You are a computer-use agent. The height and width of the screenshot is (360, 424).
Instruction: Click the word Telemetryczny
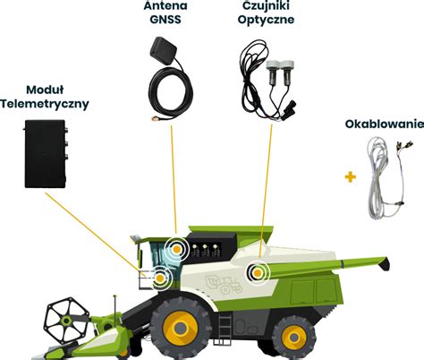click(45, 104)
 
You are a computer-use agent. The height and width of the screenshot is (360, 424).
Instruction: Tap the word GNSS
click(165, 19)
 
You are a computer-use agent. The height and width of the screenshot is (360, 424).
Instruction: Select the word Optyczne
click(266, 20)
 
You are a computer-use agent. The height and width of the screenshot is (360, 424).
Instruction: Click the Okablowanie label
click(385, 124)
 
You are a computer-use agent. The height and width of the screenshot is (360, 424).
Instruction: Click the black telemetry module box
click(45, 154)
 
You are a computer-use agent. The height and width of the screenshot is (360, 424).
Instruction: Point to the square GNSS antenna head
click(163, 49)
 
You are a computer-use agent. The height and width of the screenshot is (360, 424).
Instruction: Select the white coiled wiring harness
click(386, 178)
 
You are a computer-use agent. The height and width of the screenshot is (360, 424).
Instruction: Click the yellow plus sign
click(351, 177)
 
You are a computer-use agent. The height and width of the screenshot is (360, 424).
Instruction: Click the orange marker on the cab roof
click(177, 249)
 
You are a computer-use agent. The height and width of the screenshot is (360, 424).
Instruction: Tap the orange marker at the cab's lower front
click(160, 279)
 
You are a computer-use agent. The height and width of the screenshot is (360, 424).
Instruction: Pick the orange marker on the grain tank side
click(258, 272)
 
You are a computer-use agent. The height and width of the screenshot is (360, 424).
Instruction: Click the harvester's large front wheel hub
click(180, 329)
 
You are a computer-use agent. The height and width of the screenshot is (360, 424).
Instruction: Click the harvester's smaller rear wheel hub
click(294, 338)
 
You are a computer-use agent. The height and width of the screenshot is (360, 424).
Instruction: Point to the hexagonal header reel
click(67, 321)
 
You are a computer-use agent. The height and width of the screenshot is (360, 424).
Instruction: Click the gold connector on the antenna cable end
click(155, 119)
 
